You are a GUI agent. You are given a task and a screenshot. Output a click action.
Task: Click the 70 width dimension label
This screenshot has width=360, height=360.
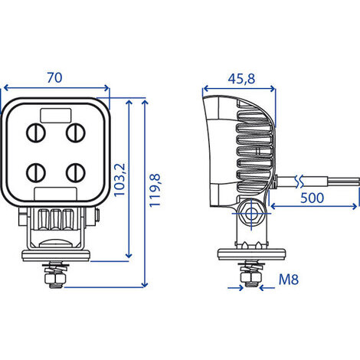point(55,78)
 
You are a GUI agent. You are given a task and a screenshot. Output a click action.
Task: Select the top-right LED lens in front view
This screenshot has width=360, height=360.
point(74,133)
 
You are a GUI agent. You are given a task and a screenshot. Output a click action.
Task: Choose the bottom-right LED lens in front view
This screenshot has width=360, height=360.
point(74,171)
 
